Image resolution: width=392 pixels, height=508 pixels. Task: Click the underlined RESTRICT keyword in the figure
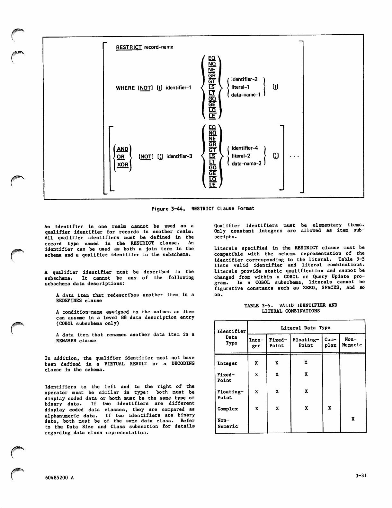tap(129, 47)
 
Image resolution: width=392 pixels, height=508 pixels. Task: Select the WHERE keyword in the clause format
tap(125, 88)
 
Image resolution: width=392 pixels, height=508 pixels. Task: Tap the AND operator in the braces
tap(122, 149)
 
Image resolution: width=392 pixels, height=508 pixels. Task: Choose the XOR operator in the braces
tap(122, 165)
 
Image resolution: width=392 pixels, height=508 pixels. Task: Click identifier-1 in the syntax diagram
tap(178, 88)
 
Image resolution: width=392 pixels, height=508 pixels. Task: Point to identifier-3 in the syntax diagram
tap(179, 157)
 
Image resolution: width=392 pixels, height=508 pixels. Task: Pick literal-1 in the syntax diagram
tap(240, 87)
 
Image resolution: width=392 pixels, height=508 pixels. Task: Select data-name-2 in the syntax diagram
tap(246, 164)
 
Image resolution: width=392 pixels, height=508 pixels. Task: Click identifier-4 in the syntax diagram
tap(245, 148)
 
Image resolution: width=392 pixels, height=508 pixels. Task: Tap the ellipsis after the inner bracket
tap(294, 157)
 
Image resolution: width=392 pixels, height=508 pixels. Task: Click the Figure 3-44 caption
tap(203, 209)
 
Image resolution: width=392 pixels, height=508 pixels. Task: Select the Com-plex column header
tap(331, 342)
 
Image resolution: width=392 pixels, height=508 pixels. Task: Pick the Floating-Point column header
tap(306, 342)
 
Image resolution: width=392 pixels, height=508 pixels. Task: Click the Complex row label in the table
tap(227, 409)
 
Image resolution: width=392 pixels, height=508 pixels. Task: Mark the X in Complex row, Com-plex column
tap(330, 408)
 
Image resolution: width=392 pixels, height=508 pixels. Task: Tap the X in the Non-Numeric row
tap(353, 419)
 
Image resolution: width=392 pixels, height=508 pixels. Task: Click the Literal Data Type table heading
tap(306, 328)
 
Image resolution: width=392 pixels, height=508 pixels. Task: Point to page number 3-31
tap(361, 476)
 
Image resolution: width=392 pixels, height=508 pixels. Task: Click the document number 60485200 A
tap(59, 478)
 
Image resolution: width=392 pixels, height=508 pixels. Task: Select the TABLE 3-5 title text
tap(290, 308)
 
